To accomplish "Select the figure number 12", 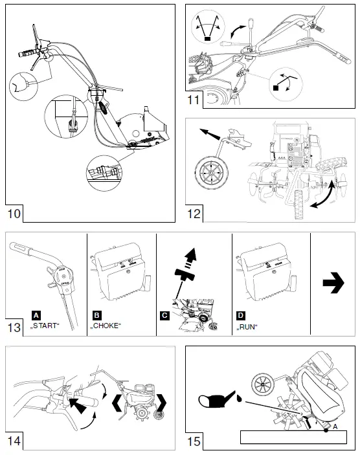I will [x=194, y=213].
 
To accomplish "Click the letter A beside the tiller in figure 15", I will [x=335, y=427].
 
